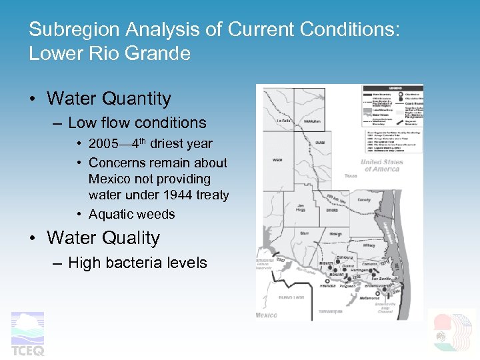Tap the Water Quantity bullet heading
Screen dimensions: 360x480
click(x=109, y=99)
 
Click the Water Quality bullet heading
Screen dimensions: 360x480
click(x=103, y=238)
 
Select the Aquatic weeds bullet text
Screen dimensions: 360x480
click(x=131, y=214)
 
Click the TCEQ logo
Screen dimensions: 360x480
click(x=27, y=333)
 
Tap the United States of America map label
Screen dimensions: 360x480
click(x=382, y=165)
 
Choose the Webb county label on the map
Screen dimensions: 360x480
click(x=277, y=159)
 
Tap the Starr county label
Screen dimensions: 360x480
click(x=304, y=233)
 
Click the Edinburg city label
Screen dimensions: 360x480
click(x=345, y=257)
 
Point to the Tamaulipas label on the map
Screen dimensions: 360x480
click(x=327, y=311)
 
